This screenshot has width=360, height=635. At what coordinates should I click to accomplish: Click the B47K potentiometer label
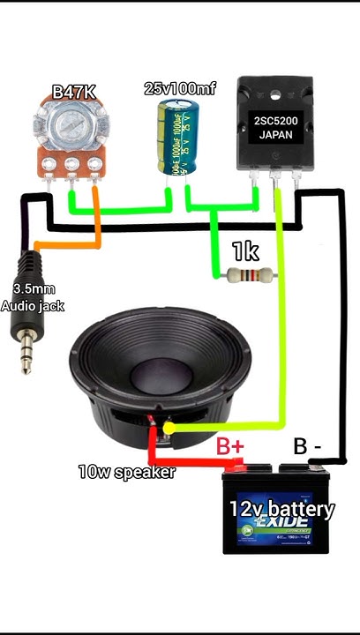point(74,91)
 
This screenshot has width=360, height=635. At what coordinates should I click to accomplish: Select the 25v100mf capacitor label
point(180,88)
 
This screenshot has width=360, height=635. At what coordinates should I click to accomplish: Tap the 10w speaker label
point(126,472)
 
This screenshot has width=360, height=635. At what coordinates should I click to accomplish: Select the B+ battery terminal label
point(229,446)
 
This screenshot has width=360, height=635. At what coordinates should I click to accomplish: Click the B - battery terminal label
point(308,446)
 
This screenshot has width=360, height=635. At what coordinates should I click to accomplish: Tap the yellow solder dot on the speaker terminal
point(169,428)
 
